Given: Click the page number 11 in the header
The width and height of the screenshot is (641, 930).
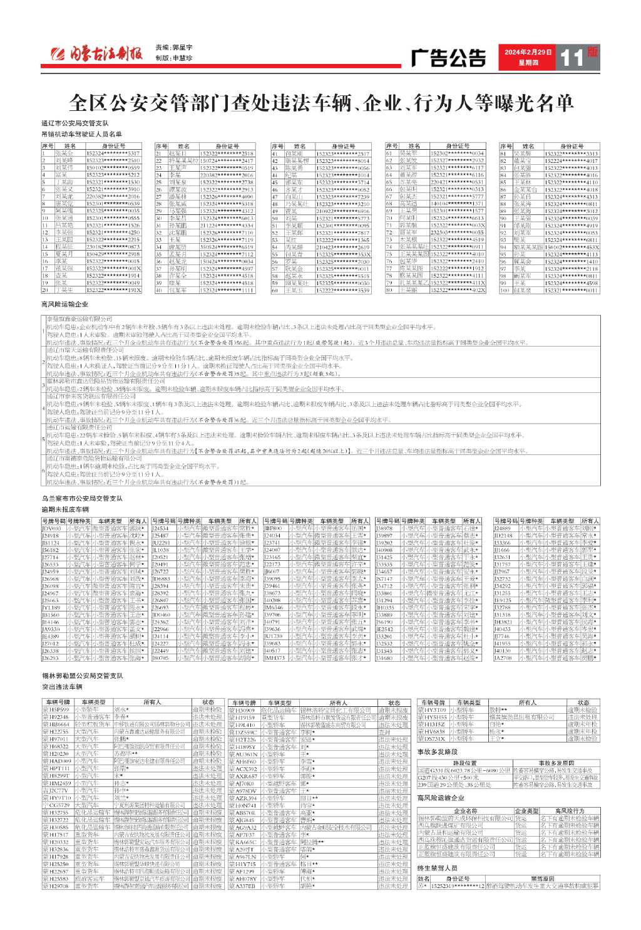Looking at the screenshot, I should (x=571, y=58).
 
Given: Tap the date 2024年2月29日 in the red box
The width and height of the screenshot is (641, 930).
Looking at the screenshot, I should (x=528, y=53).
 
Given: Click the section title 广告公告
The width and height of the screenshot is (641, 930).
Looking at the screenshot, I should (x=448, y=58).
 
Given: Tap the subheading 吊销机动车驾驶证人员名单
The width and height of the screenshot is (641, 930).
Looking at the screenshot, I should (x=82, y=134).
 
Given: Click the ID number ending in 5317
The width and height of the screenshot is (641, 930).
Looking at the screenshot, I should (x=113, y=153).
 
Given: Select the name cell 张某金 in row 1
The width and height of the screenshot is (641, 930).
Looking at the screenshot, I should (x=64, y=153).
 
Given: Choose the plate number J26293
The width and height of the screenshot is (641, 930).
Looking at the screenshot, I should (x=51, y=658).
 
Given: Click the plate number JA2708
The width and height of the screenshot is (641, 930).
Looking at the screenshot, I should (x=503, y=658).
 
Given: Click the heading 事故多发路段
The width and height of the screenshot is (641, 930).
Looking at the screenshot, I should (x=438, y=751).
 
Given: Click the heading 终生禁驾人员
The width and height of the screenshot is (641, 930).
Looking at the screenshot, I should (x=438, y=869).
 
